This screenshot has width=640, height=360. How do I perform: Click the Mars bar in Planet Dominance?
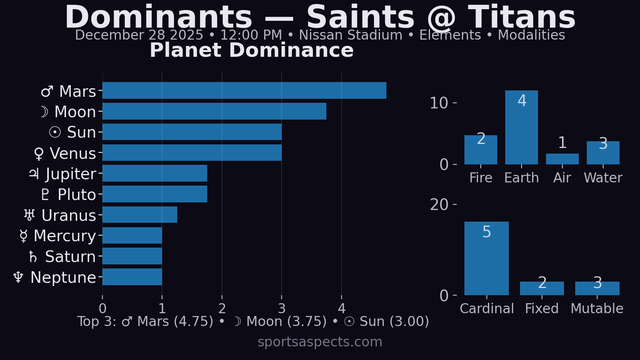(x=244, y=90)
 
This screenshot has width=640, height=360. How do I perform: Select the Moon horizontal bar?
(x=214, y=111)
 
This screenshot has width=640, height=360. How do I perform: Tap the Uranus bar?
(x=140, y=215)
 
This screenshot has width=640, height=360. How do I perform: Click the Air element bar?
(x=562, y=159)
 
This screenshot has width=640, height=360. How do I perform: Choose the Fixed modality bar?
(x=542, y=288)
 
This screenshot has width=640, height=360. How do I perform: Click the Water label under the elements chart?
(x=603, y=178)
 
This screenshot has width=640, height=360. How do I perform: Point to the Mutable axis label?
(x=597, y=308)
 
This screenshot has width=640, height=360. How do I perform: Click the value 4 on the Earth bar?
(x=522, y=101)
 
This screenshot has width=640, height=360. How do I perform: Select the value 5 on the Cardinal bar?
(x=486, y=232)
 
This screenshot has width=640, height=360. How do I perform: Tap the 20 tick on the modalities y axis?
(x=439, y=205)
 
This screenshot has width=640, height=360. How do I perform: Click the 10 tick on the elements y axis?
(x=439, y=103)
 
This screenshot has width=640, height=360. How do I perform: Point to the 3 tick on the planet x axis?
(x=282, y=308)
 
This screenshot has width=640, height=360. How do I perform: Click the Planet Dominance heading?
(x=252, y=50)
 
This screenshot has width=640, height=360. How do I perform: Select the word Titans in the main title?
(x=522, y=18)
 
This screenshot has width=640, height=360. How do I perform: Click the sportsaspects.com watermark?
(x=320, y=342)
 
